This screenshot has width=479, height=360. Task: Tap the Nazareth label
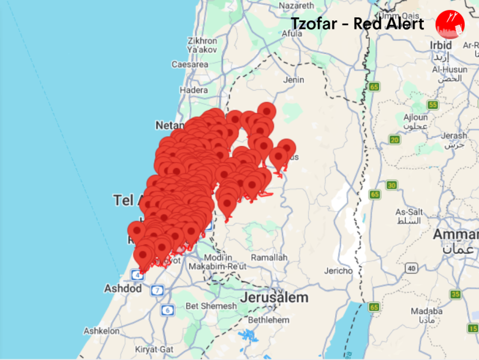click(x=296, y=5)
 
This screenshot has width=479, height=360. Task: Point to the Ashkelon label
click(x=102, y=331)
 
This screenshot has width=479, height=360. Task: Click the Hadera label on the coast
click(x=194, y=90)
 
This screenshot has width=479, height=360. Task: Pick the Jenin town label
click(x=294, y=79)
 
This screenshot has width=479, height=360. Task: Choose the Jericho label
click(x=339, y=271)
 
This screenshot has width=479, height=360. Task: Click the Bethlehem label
click(x=268, y=320)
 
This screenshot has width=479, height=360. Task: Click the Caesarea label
click(x=189, y=64)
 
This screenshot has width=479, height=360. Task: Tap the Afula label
click(x=292, y=34)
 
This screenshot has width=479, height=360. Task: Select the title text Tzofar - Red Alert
click(x=357, y=24)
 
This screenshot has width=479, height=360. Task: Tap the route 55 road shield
click(x=433, y=104)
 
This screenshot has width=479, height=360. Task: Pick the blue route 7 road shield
click(x=157, y=291)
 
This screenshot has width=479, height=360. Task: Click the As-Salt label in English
click(x=410, y=212)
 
